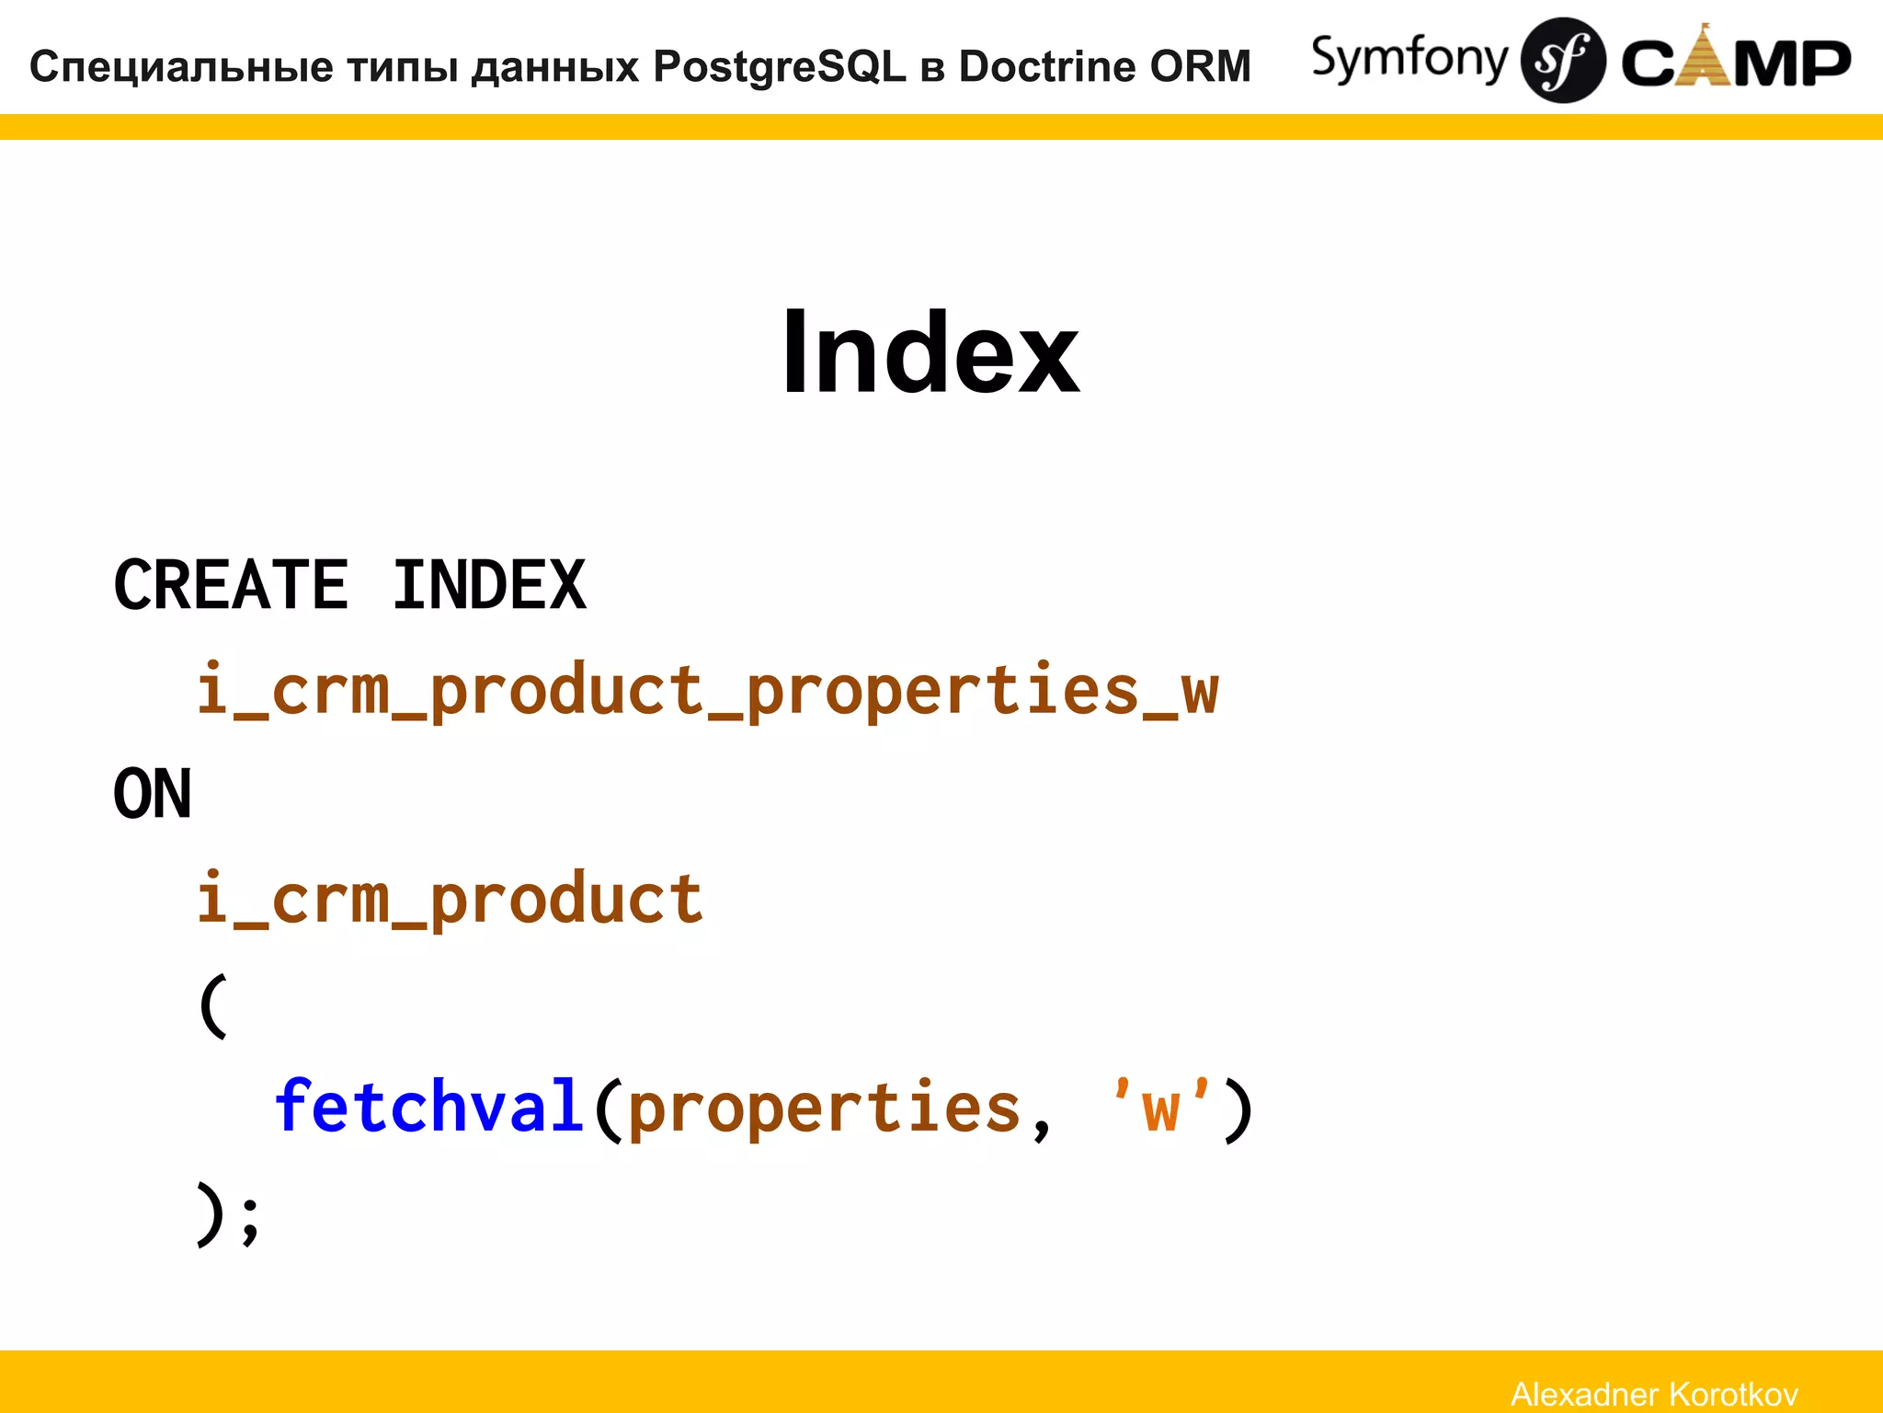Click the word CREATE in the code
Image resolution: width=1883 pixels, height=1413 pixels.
[231, 585]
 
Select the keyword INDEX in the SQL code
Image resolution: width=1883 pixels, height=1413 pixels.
[489, 585]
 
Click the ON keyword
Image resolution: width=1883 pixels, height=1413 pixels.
[153, 794]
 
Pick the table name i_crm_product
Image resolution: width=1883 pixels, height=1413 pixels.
[450, 900]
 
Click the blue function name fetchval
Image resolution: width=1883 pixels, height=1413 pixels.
[429, 1107]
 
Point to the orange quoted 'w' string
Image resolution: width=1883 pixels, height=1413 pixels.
[1160, 1107]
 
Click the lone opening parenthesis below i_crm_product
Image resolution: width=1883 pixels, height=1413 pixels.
[212, 1005]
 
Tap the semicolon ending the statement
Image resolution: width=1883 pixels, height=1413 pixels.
[250, 1222]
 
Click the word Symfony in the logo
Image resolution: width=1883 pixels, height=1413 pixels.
[1409, 59]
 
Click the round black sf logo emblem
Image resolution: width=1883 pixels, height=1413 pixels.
[1563, 61]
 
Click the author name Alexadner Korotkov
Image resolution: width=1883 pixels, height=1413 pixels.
[1654, 1394]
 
